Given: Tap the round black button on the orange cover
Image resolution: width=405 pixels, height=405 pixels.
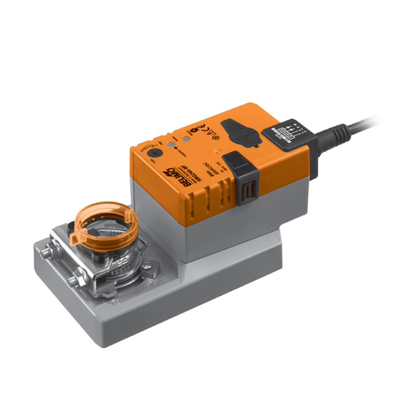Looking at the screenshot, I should (x=157, y=152).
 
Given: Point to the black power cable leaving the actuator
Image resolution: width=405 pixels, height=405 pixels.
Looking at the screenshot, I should (x=354, y=126).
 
